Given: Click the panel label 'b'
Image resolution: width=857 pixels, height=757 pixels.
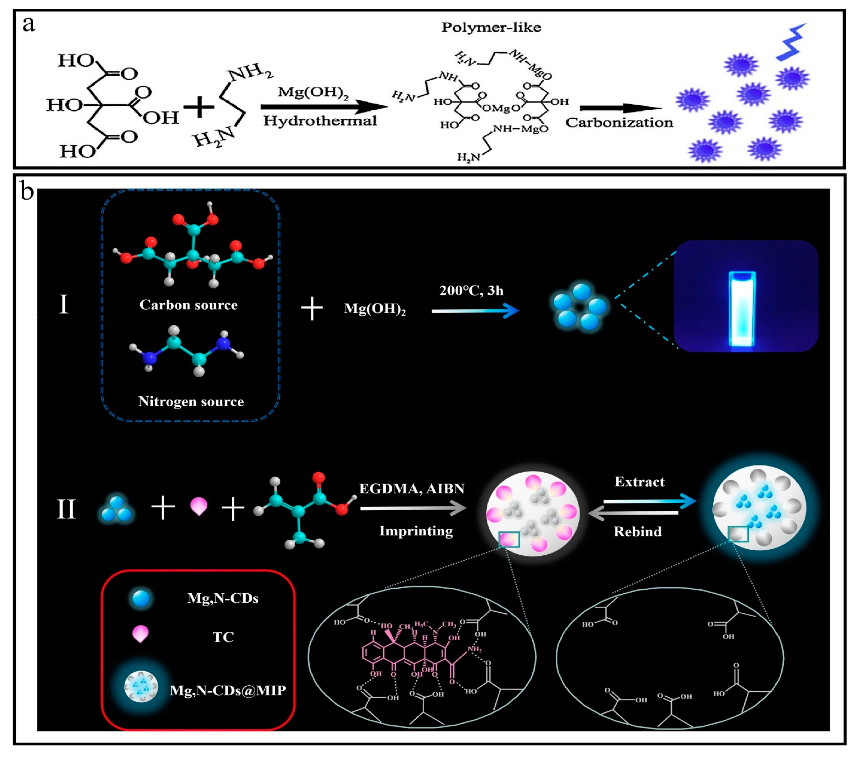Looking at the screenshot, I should [27, 192].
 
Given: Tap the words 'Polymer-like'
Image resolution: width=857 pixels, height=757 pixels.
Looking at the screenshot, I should [491, 28].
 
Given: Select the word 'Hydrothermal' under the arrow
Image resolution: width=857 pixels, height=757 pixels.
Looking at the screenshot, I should [320, 121].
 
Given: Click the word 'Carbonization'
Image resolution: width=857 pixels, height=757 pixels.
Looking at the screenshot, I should [619, 123].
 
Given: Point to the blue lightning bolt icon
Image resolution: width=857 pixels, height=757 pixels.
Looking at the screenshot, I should [791, 42].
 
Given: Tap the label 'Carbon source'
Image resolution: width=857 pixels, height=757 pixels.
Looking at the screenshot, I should [188, 305].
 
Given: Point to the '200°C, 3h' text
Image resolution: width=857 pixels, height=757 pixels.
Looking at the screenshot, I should [471, 291].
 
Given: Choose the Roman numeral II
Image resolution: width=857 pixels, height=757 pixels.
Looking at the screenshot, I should [66, 510].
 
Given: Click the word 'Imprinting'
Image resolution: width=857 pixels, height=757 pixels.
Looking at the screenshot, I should [416, 531].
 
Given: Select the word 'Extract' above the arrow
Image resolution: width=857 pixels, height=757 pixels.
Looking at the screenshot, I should [639, 482].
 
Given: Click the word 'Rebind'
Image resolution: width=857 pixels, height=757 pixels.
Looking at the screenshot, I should [637, 532].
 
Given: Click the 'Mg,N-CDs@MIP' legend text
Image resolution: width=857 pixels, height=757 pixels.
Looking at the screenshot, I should [228, 690].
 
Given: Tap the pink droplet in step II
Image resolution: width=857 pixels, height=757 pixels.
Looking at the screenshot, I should [199, 506].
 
